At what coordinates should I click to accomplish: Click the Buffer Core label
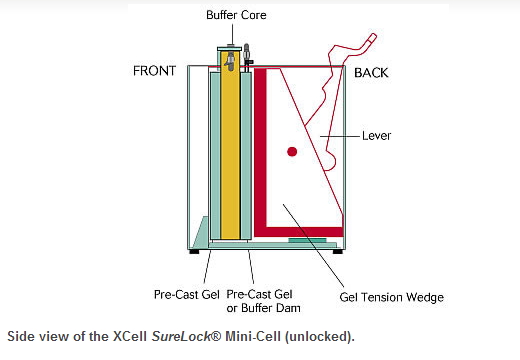point(236,15)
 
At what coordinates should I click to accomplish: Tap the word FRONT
point(154,71)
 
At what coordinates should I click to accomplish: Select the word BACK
point(371,73)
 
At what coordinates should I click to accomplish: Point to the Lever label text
point(376,136)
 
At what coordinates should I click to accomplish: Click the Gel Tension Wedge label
point(392,297)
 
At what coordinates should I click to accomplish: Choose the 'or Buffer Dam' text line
point(263,308)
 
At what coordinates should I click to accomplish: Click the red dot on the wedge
point(292,152)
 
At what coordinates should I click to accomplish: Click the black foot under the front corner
point(194,252)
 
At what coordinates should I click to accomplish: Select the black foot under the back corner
point(338,252)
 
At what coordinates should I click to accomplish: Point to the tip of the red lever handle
point(373,37)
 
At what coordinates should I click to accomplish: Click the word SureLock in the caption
point(182,336)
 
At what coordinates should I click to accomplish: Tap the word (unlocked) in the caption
point(320,336)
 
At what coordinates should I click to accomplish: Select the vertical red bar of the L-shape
point(260,149)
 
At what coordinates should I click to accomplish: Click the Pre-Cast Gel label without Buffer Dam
point(187,295)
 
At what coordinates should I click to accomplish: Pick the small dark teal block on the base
point(307,240)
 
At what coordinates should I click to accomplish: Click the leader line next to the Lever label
point(340,136)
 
